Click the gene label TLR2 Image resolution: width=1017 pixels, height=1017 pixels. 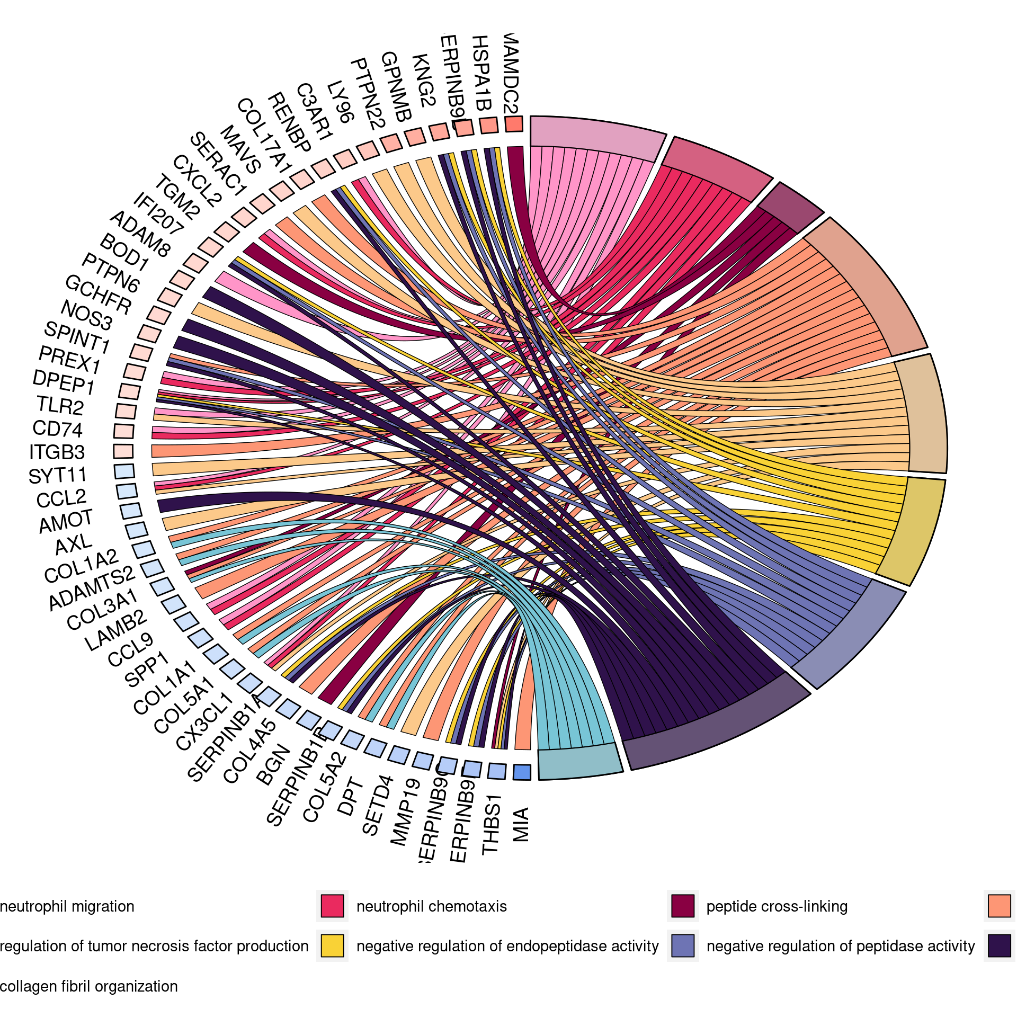(60, 406)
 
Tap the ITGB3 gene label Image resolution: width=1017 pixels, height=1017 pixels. (57, 452)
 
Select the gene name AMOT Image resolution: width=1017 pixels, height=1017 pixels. (66, 521)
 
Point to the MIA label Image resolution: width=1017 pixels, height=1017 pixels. (521, 824)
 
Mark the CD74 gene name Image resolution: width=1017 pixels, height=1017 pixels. (58, 429)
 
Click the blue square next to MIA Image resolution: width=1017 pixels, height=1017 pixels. (522, 772)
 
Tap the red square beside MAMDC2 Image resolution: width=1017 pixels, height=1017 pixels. (514, 124)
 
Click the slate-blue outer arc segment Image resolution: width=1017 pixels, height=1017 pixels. (853, 636)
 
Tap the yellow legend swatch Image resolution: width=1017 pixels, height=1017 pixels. (332, 945)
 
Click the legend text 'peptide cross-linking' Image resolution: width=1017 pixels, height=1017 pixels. (777, 906)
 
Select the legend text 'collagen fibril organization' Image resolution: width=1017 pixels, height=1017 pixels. (89, 986)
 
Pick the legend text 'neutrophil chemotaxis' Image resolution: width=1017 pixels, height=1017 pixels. (431, 906)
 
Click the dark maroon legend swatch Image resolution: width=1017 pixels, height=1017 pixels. (683, 906)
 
